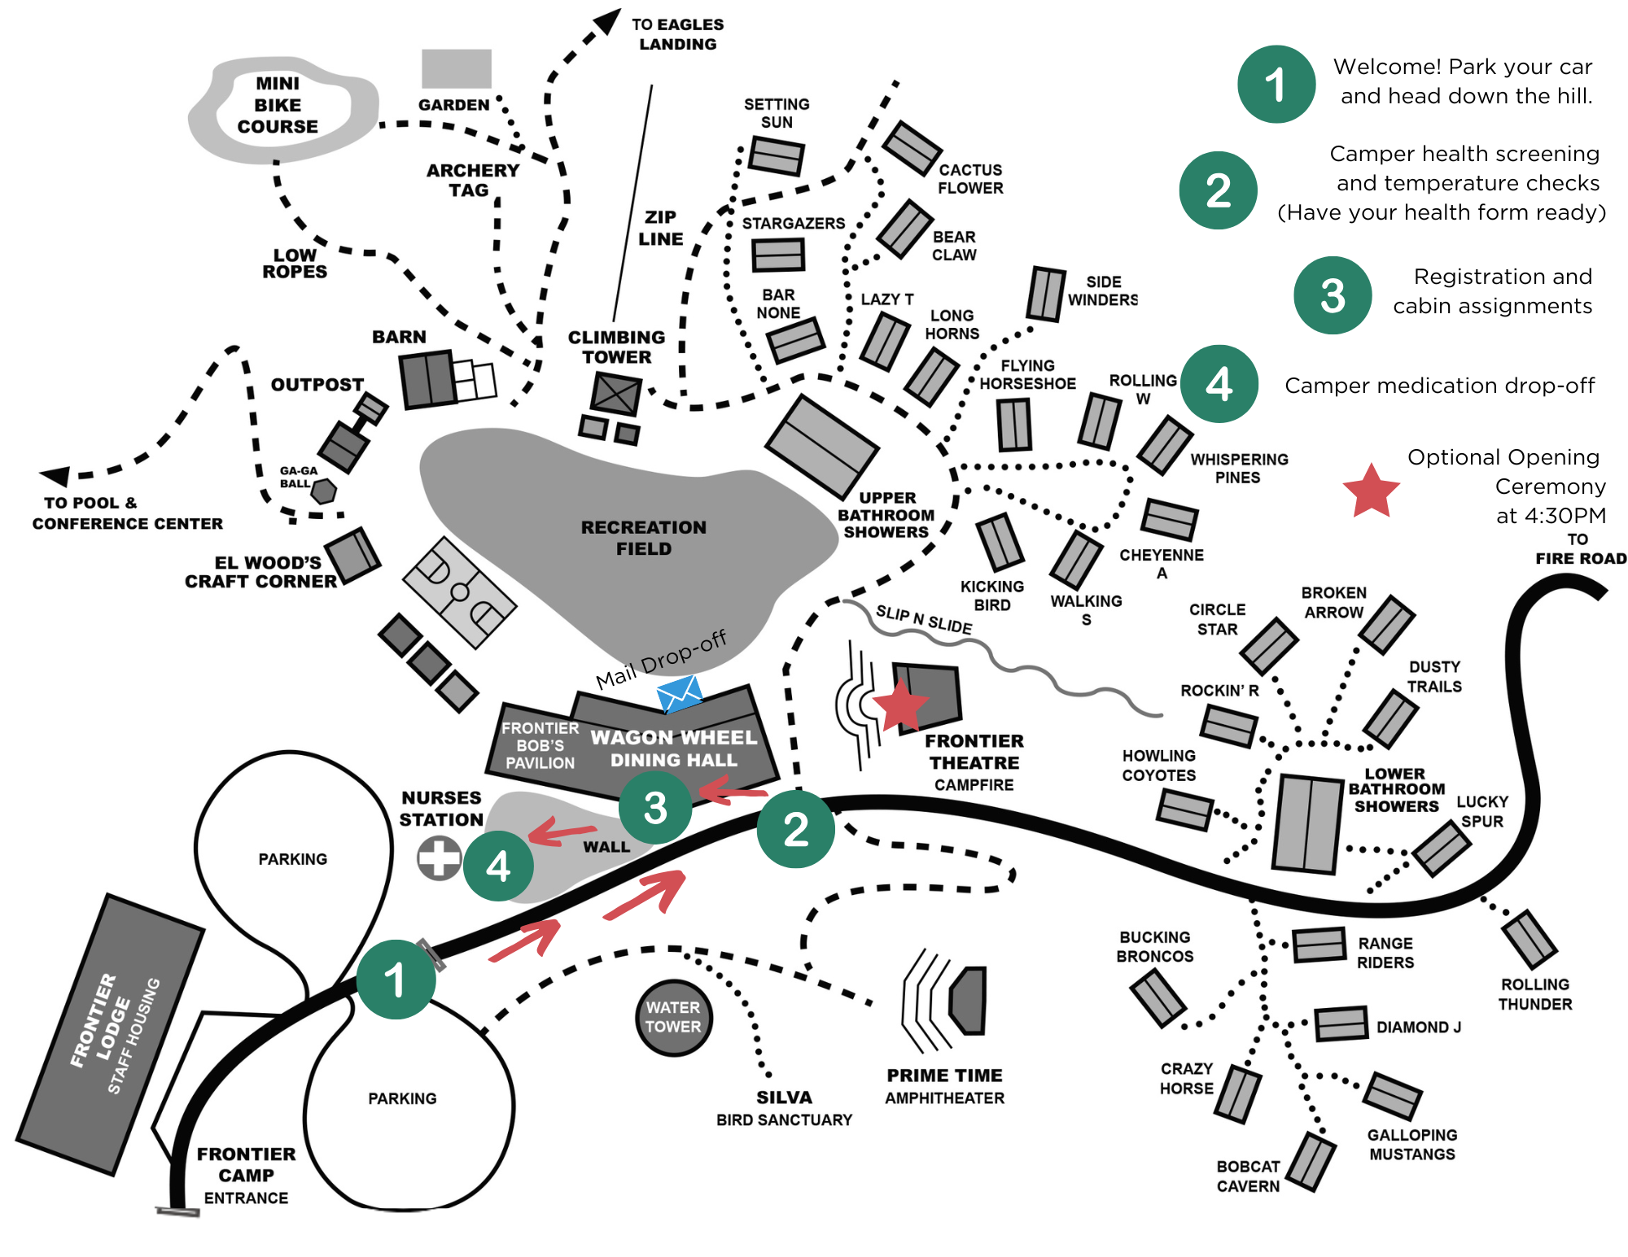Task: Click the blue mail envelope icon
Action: point(680,694)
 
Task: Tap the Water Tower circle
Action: point(673,1017)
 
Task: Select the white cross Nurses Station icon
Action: point(440,858)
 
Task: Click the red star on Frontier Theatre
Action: point(900,705)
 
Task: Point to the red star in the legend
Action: point(1371,491)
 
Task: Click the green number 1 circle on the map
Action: point(396,980)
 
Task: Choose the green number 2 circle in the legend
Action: point(1218,190)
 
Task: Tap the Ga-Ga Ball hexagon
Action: point(324,491)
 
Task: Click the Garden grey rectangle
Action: point(457,68)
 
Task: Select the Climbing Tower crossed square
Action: point(615,395)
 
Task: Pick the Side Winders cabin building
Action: point(1046,294)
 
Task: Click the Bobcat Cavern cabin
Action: point(1311,1162)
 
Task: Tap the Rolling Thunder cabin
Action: point(1530,940)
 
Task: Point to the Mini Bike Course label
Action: point(278,105)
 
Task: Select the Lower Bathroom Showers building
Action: point(1307,823)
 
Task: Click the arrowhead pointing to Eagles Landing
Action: point(607,20)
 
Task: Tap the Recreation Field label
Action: point(643,538)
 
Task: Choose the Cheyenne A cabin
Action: point(1169,519)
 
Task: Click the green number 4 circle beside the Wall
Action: point(498,866)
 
